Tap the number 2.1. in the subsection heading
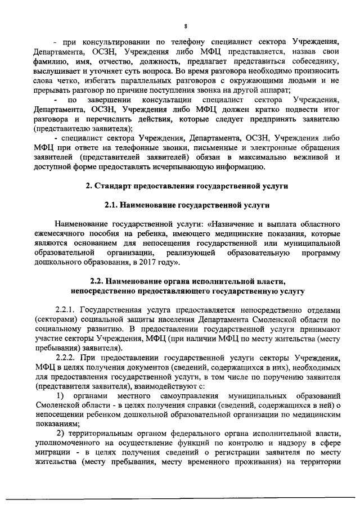tap(114, 205)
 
